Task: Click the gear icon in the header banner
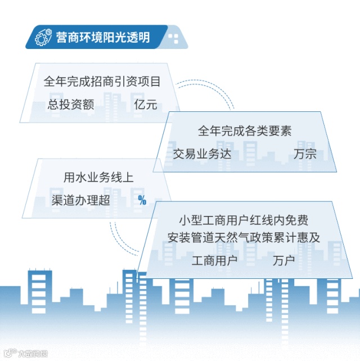[x=42, y=37]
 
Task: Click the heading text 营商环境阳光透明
[x=103, y=37]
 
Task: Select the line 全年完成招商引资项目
[x=102, y=82]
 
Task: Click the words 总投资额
[x=70, y=105]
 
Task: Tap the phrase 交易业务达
[x=202, y=154]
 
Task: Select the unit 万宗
[x=305, y=154]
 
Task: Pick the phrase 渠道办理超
[x=80, y=200]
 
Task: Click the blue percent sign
[x=142, y=200]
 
